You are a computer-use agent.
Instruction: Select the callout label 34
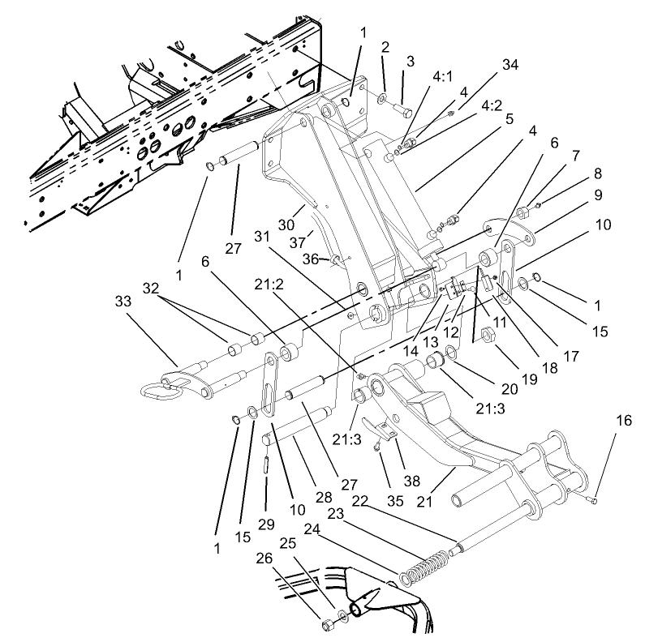(x=510, y=63)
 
